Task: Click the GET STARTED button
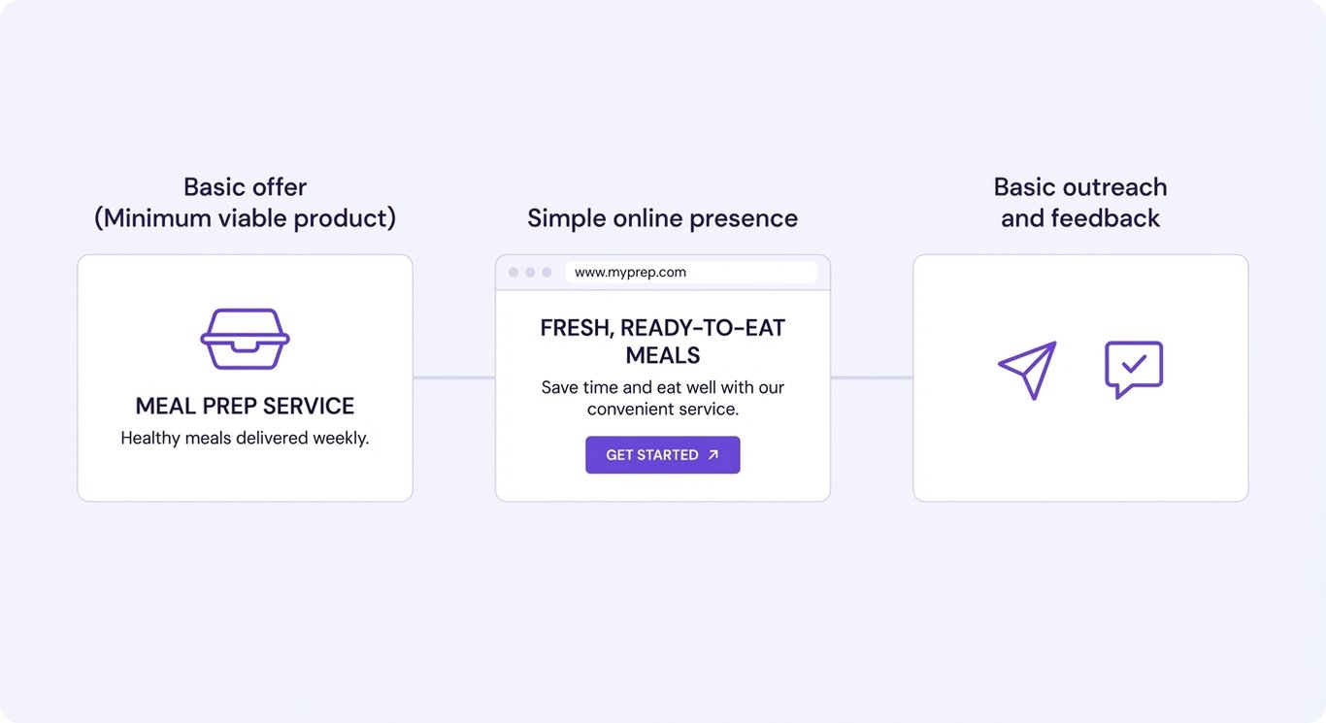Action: pos(662,455)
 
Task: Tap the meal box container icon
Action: pos(245,339)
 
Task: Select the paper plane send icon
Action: pos(1027,370)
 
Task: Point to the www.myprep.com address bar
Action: pos(690,273)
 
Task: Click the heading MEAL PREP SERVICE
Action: pos(245,406)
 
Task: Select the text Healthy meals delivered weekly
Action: pos(245,439)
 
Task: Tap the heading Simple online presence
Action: pos(662,218)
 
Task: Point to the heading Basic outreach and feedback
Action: pos(1079,203)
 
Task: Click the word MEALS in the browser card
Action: pos(662,355)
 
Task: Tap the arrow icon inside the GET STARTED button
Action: pos(713,455)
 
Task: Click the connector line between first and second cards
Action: pos(453,378)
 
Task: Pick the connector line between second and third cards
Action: pos(871,378)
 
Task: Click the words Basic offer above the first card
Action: pos(245,187)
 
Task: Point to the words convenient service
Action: pos(662,410)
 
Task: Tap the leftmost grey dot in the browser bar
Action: pos(514,273)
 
